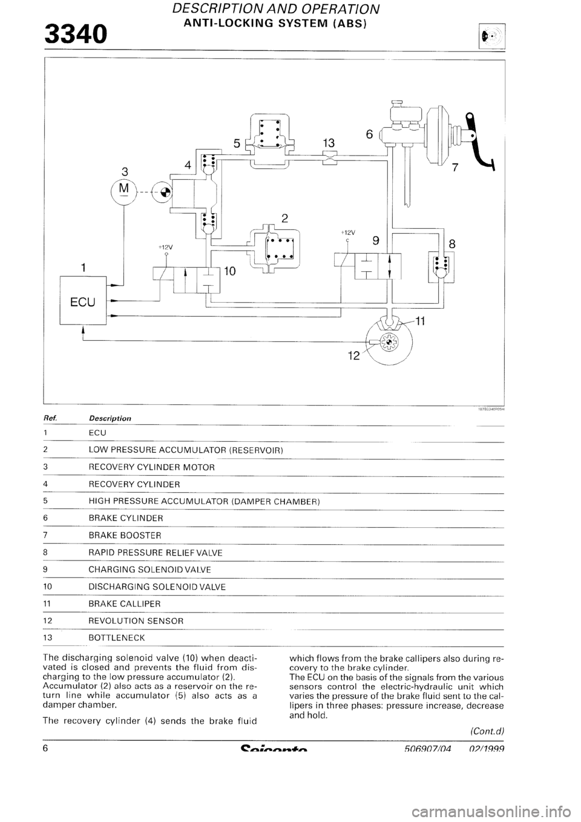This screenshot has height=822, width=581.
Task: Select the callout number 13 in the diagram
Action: coord(329,143)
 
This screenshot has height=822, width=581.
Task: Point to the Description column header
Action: coord(110,418)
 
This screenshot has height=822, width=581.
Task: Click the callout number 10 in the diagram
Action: coord(231,272)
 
